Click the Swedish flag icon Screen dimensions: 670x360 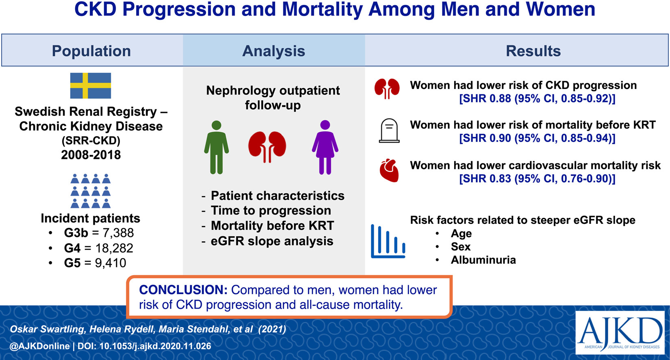91,86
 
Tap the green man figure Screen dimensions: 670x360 217,147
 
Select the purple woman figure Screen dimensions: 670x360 325,147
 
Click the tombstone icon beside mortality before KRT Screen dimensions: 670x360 389,131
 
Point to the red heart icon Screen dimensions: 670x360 389,170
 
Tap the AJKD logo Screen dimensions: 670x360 620,332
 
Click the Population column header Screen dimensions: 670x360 91,51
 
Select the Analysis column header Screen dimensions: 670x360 274,51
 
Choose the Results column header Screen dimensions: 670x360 533,51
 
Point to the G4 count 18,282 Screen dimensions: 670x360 114,248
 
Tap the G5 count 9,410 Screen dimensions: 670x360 111,263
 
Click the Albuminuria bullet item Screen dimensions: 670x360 483,260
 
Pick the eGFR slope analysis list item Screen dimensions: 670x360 272,241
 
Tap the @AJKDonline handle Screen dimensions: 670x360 39,346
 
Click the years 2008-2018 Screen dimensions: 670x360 91,155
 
